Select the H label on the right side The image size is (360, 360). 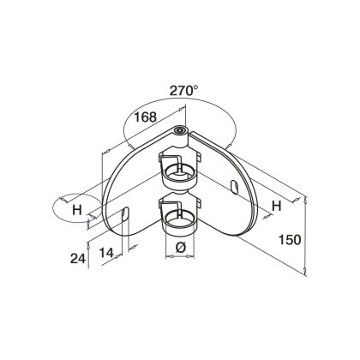coord(276,206)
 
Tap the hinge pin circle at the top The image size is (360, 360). coord(180,130)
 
